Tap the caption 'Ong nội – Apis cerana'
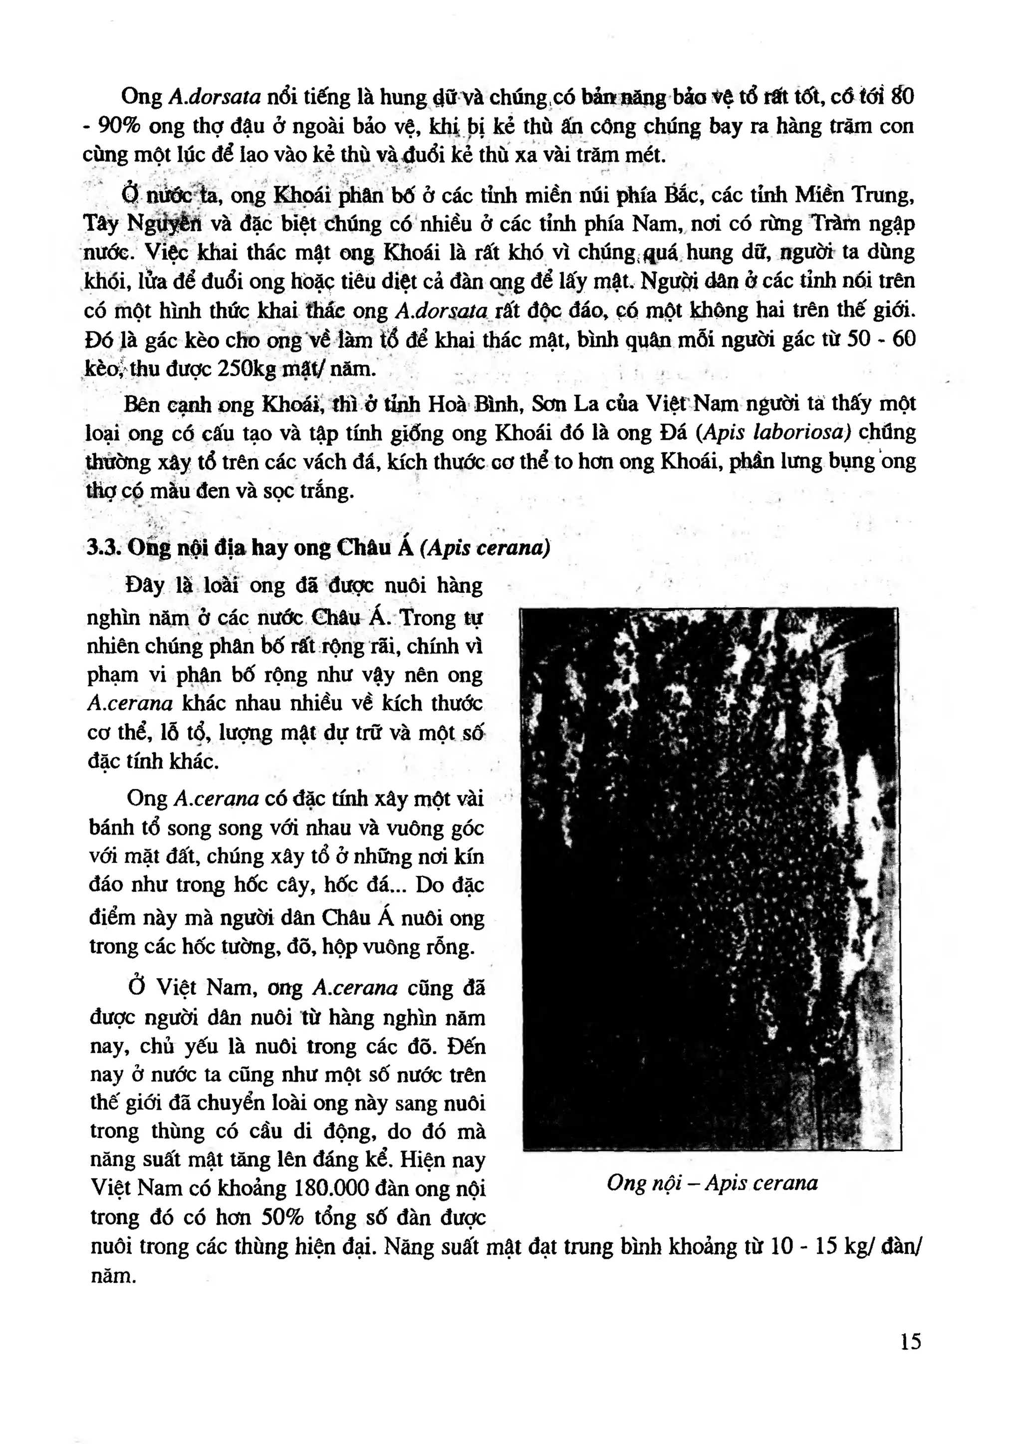click(x=712, y=1183)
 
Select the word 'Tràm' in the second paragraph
click(x=832, y=224)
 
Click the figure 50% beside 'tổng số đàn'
click(x=282, y=1217)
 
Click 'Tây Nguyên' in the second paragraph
click(x=143, y=224)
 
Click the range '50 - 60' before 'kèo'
click(x=881, y=340)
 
